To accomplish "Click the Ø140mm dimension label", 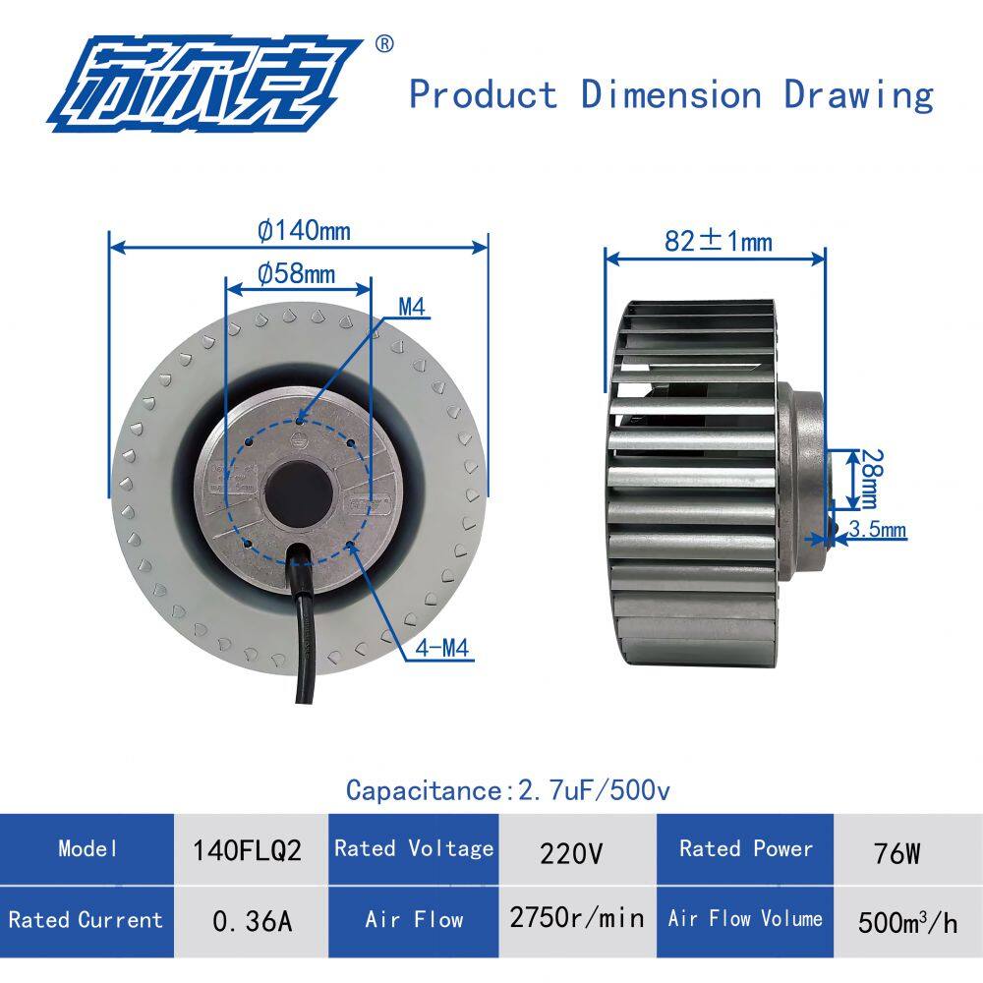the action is [304, 231].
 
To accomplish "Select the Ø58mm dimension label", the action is [297, 273].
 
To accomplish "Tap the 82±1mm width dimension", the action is [719, 242].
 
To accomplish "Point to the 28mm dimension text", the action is [871, 479].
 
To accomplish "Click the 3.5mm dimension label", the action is [878, 529].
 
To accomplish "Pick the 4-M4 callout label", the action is [442, 648].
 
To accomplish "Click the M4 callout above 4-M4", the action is [412, 307].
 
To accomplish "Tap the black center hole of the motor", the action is [298, 495].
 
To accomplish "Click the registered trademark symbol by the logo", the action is [384, 44].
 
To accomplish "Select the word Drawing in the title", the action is [858, 95].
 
